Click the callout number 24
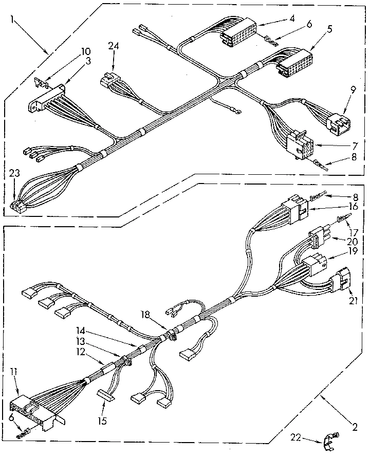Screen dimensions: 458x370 (x=114, y=46)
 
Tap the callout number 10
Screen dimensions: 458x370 (x=85, y=51)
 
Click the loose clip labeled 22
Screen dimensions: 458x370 (x=327, y=438)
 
